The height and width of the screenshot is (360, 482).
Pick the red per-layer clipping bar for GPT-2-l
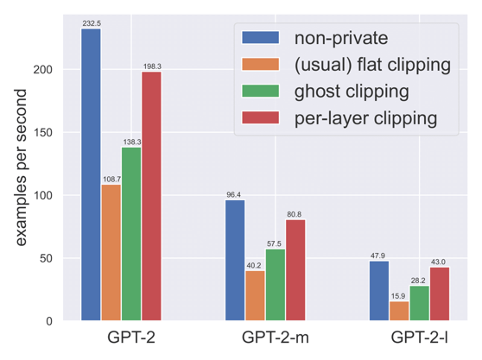tap(440, 294)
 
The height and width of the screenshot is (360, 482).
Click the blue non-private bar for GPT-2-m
tap(235, 260)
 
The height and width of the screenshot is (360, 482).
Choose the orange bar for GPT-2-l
tap(399, 311)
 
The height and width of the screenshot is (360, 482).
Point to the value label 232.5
tap(91, 23)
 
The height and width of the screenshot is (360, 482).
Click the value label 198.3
tap(151, 66)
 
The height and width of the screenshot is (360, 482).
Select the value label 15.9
tap(399, 296)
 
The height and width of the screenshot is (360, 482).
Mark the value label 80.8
tap(295, 214)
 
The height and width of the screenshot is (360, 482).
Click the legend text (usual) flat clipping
tap(372, 64)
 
